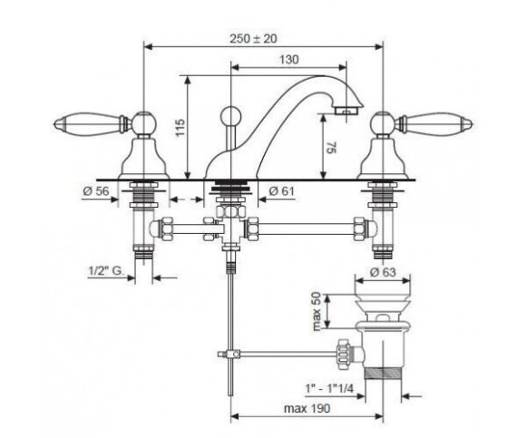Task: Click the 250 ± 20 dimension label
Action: click(254, 39)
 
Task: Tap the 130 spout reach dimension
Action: click(288, 60)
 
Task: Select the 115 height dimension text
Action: click(180, 127)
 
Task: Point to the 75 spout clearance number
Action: click(331, 148)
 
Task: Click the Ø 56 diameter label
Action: click(96, 190)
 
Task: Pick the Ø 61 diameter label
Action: click(281, 190)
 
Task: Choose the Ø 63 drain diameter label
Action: click(383, 272)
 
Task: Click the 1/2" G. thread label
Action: click(106, 271)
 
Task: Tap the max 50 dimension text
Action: click(317, 312)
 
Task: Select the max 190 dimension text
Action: click(307, 408)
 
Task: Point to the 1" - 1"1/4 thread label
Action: click(329, 388)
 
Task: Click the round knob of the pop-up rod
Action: click(230, 116)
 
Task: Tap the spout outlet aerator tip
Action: click(346, 111)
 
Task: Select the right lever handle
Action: click(434, 123)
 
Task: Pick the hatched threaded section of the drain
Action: click(383, 374)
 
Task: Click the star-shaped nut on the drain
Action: click(344, 355)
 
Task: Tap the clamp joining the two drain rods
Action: click(229, 354)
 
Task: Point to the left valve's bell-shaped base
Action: click(143, 159)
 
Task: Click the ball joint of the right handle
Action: click(383, 123)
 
